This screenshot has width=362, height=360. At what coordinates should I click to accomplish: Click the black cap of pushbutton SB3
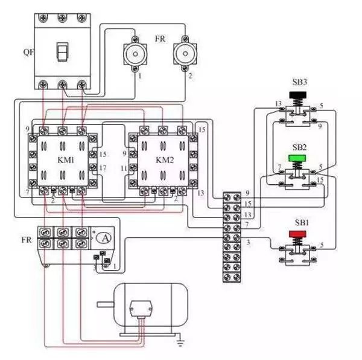299,95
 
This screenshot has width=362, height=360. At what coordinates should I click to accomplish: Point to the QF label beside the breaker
28,51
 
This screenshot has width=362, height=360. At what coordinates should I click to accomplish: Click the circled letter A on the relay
105,238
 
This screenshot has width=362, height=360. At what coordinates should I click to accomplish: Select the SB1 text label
300,223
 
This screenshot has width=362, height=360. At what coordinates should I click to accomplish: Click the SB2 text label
300,147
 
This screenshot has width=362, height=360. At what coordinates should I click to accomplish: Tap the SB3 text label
300,82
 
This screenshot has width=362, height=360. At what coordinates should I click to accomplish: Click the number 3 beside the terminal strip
248,242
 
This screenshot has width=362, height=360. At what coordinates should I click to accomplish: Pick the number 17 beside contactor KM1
103,167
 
